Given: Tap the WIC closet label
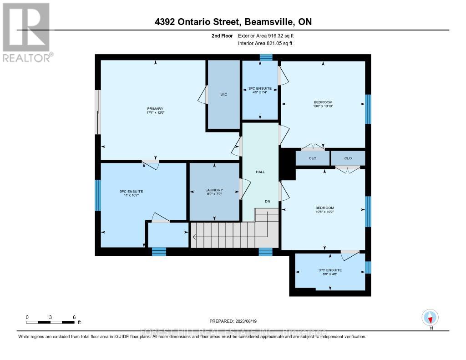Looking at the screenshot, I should coord(223,95).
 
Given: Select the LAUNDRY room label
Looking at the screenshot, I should coord(214,190).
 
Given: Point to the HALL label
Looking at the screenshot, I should coord(260,172).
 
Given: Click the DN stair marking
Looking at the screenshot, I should coord(268,201).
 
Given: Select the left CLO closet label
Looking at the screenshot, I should coord(313,158).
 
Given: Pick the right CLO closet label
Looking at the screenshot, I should coord(348,158).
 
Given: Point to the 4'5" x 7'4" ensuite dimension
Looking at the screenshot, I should coord(260,92).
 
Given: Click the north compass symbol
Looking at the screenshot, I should coord(430,317).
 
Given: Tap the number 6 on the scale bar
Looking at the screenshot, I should coord(74,317).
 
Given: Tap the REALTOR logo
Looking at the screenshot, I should coord(27,32).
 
